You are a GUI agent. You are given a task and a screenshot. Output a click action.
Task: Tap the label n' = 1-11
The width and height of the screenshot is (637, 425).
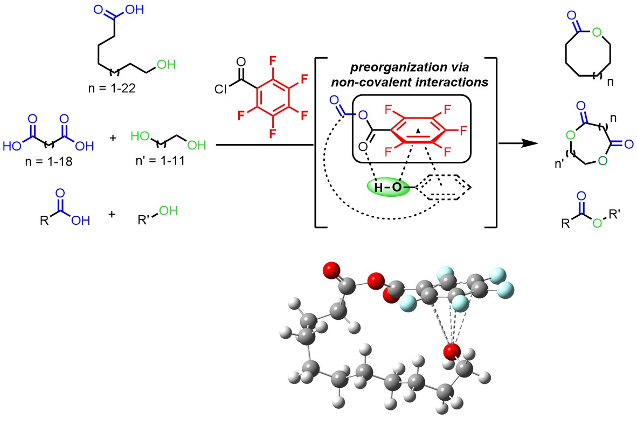click(155, 160)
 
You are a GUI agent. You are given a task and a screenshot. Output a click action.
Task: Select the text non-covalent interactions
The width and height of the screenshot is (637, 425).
click(405, 82)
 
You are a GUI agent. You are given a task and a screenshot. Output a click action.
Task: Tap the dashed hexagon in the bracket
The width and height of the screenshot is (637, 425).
click(445, 188)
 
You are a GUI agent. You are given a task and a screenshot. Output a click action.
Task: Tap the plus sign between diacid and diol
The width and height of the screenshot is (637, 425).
click(113, 138)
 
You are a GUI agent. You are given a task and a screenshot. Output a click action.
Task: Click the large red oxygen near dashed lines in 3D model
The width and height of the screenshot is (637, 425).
click(452, 352)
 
